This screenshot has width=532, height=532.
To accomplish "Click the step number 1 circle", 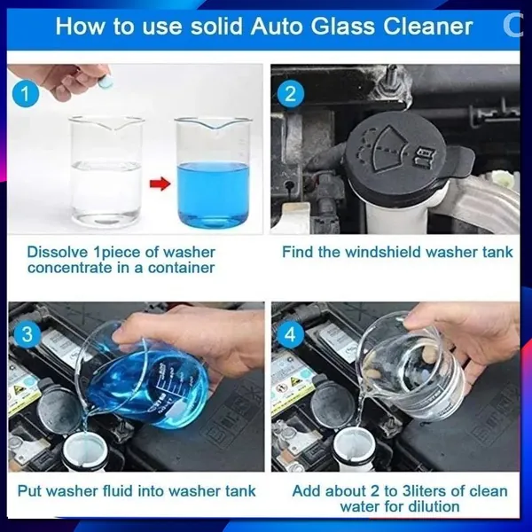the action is pos(26,93).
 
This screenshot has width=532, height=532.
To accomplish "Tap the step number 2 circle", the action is pos(291,94).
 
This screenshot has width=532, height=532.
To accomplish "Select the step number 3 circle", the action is pos(27,334).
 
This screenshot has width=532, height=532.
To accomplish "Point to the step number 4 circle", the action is pos(290,335).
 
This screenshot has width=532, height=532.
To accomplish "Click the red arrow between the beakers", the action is pos(160,184).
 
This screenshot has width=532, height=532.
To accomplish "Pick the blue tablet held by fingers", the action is pos(105,82).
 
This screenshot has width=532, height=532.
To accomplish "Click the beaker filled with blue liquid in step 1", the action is pos(213,173).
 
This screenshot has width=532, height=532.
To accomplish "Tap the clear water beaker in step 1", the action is pos(106,171).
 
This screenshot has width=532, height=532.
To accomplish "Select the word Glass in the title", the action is pos(343,27).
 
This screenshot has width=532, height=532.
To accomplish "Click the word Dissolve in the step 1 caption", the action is pos(58,252).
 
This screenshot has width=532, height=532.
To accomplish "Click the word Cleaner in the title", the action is pos(428,27).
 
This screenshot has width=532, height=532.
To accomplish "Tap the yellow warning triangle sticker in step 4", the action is pos(292,382).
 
